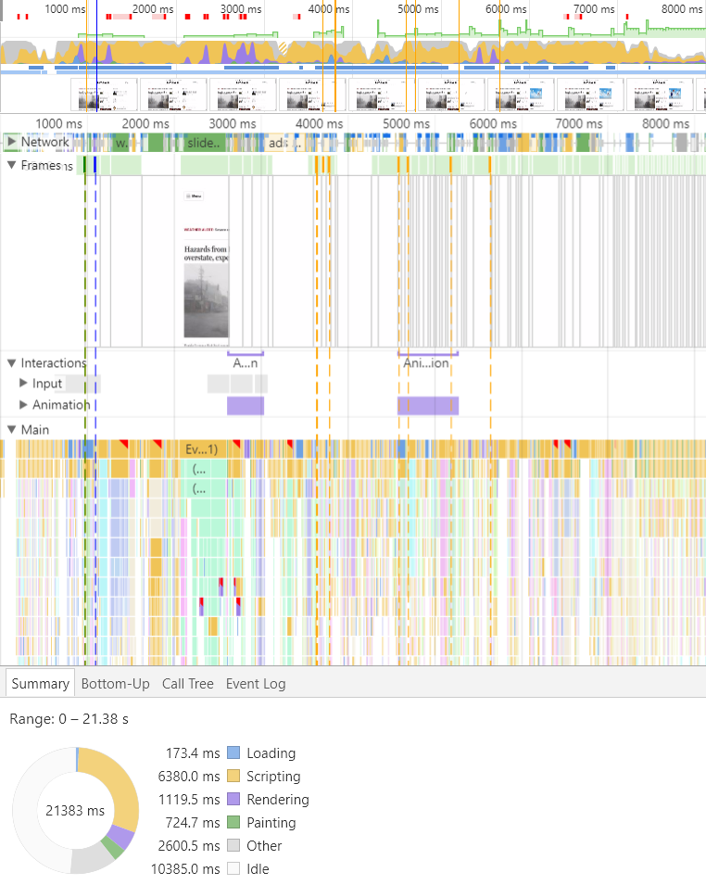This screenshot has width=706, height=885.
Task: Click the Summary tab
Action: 40,684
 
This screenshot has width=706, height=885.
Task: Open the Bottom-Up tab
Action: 115,684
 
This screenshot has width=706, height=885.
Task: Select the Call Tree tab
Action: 187,684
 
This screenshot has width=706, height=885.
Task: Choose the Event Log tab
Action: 256,684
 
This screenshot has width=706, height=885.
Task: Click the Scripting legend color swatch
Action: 233,777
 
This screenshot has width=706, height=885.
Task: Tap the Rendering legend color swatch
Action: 233,800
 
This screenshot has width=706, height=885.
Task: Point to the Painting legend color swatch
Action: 233,823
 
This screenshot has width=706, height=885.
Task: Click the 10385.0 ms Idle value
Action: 185,869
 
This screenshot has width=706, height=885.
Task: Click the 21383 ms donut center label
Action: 74,811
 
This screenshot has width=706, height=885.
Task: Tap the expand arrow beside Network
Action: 11,142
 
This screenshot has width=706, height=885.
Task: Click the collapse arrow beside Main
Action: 11,430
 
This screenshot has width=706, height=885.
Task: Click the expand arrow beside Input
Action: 24,384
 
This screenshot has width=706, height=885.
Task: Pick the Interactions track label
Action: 53,363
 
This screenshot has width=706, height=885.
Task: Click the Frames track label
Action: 41,166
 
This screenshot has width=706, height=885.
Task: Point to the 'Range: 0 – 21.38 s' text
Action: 69,719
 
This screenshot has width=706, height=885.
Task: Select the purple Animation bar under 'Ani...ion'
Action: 428,406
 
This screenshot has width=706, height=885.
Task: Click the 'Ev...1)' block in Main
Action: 201,449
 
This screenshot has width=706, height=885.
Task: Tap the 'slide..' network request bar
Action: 203,143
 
